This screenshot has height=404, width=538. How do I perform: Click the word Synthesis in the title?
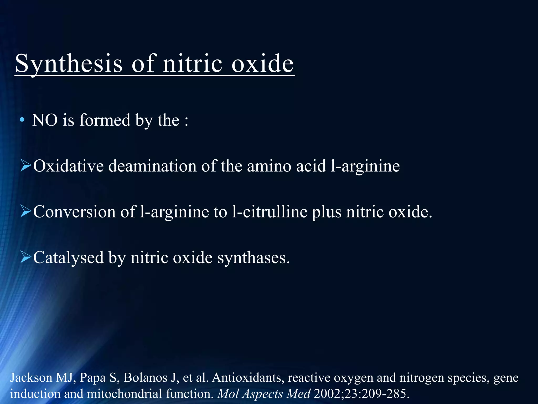[x=69, y=64]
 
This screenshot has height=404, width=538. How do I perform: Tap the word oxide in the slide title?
[x=262, y=64]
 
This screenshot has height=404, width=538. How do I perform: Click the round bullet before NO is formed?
[x=22, y=120]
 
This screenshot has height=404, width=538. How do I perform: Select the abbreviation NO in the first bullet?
[x=45, y=120]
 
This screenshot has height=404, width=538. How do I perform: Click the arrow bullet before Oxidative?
[x=26, y=166]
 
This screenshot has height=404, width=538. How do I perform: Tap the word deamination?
[x=152, y=166]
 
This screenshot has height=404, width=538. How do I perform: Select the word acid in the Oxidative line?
[x=311, y=166]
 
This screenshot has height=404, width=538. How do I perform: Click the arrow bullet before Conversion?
[x=26, y=211]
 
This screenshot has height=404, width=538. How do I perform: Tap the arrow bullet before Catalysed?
[x=26, y=257]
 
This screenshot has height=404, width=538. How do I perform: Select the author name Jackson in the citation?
[x=31, y=378]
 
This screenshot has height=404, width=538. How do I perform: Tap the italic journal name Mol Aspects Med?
[x=264, y=394]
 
